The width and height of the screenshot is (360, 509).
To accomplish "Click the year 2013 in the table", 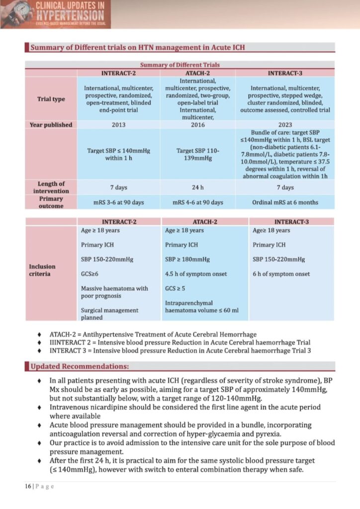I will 118,125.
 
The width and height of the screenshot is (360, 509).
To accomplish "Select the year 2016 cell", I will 198,125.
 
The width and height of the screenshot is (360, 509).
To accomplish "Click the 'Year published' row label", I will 51,125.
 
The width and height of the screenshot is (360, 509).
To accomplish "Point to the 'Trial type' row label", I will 51,99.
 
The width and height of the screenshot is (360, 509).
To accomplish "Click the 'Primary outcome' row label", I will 51,202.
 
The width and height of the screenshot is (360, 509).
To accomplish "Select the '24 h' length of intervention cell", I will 198,187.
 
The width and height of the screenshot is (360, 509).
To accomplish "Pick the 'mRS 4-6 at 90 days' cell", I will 198,202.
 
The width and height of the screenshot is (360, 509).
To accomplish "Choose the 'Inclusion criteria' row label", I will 43,270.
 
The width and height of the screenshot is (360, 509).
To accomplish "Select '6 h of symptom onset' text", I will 281,274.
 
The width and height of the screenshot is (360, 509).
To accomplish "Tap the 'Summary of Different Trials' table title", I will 180,65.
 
